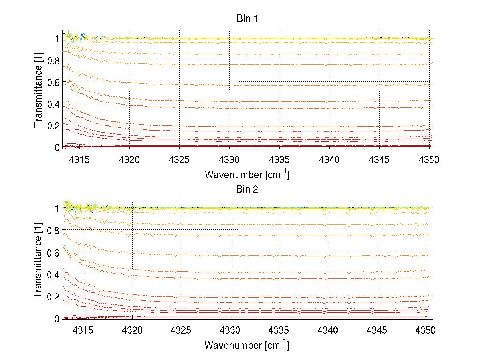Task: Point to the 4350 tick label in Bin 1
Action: [x=430, y=159]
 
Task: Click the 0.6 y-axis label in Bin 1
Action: [x=53, y=82]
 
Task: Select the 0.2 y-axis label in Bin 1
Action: [x=53, y=125]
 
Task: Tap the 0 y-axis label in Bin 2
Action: [x=57, y=319]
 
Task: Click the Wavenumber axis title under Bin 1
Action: [x=247, y=174]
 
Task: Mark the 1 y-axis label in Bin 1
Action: [x=57, y=39]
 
